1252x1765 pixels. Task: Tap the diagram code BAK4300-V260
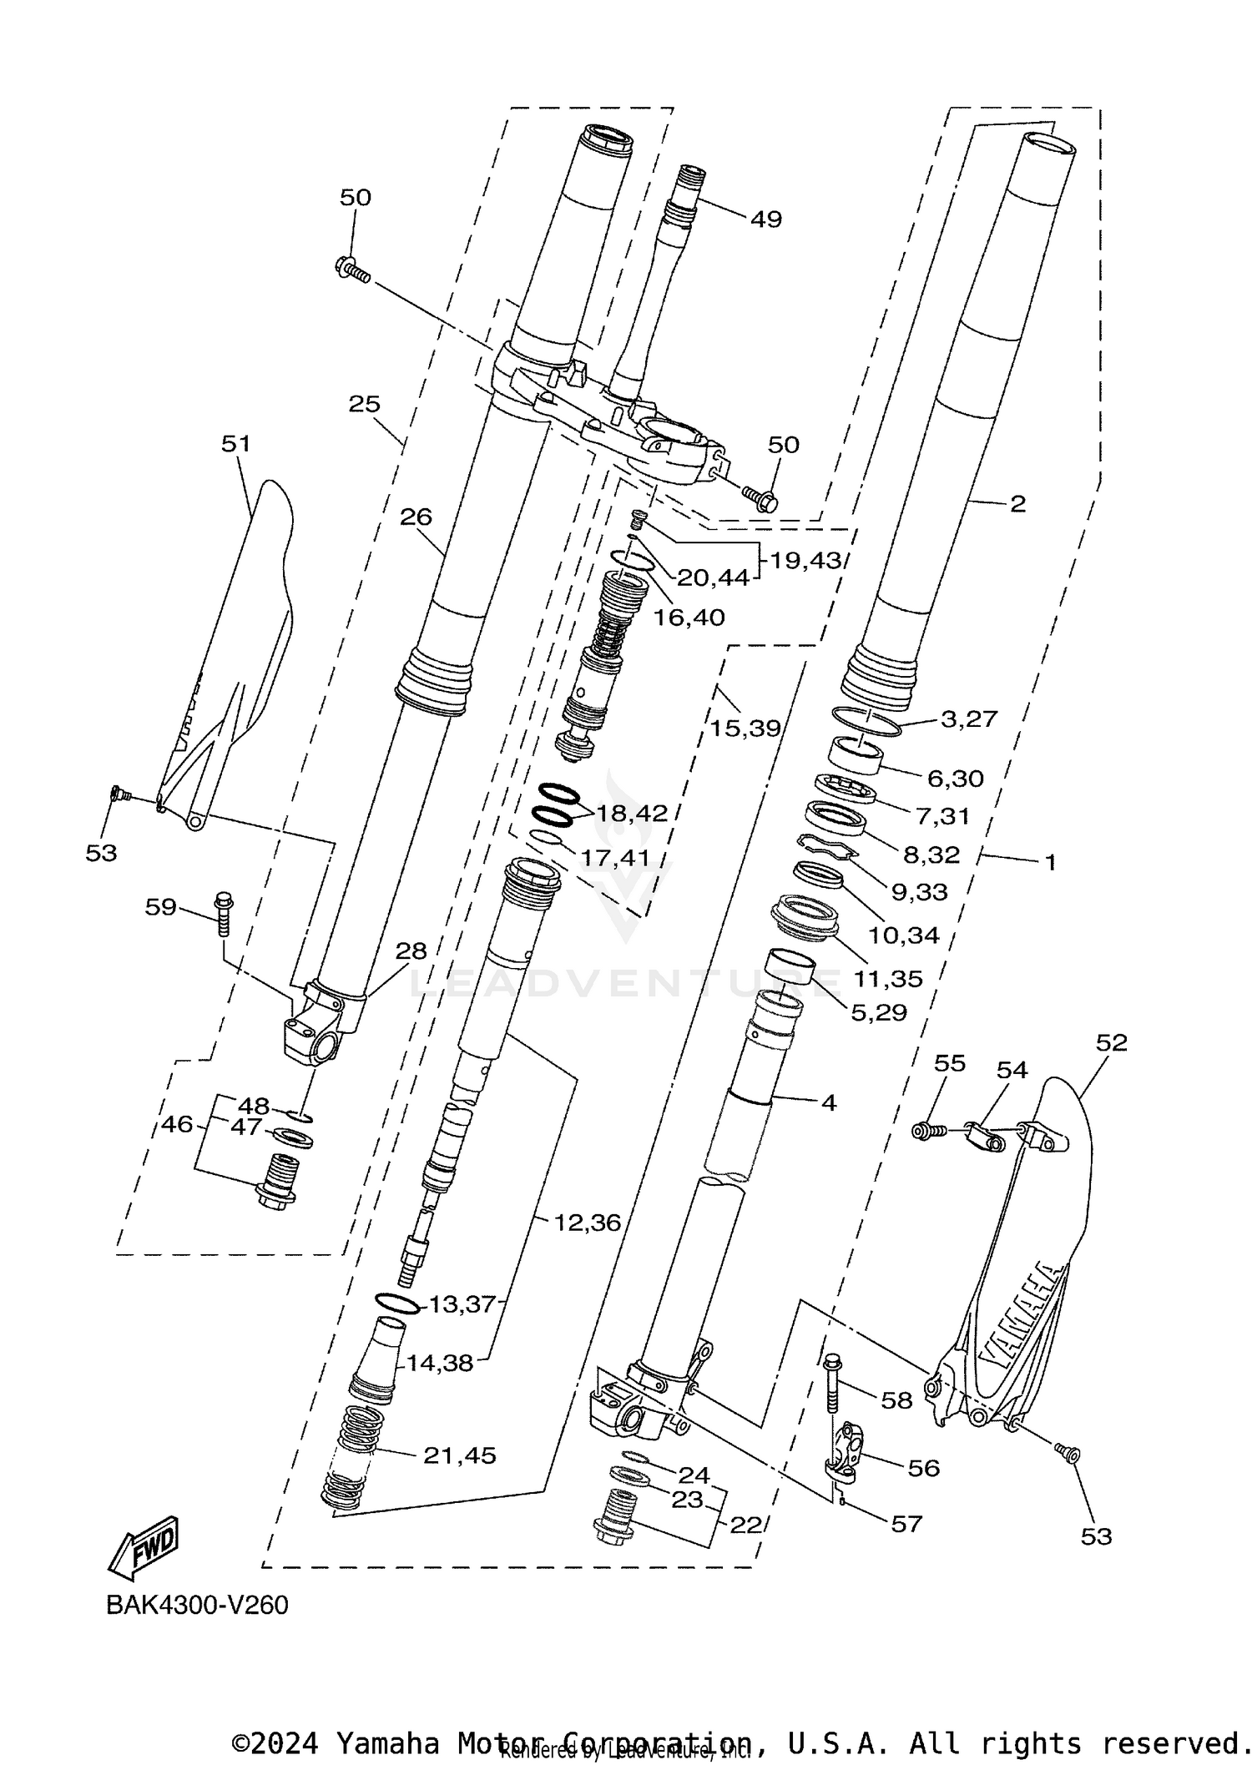tap(197, 1605)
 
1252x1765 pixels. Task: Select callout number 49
tap(765, 219)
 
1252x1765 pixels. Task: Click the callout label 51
tap(236, 443)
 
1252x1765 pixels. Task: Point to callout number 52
tap(1111, 1042)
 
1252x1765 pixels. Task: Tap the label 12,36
tap(588, 1223)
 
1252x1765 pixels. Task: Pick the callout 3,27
tap(968, 719)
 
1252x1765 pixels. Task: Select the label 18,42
tap(631, 813)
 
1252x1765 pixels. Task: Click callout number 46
tap(177, 1124)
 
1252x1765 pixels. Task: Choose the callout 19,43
tap(805, 560)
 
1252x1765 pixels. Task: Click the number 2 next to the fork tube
tap(1017, 503)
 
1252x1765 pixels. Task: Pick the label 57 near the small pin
tap(906, 1524)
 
